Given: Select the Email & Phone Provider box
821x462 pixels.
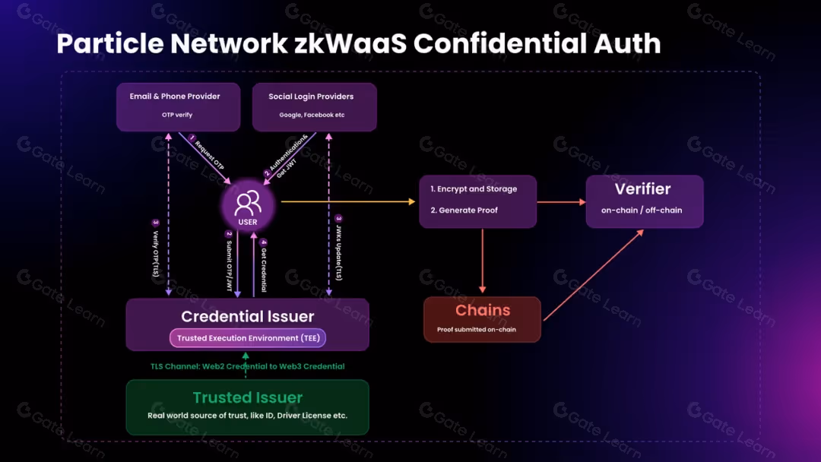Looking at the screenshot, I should [x=179, y=106].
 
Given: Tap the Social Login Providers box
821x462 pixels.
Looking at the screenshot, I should [x=314, y=106].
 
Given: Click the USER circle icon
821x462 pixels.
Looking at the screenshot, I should [x=248, y=206].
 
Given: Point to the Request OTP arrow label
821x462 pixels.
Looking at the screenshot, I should [x=208, y=154].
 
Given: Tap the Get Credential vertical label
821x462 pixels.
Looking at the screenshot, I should [x=264, y=265].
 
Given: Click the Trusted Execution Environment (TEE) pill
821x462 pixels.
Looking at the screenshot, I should [x=248, y=338].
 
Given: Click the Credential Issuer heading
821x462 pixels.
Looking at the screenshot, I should [x=248, y=317].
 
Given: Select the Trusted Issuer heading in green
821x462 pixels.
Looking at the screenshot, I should [x=248, y=397].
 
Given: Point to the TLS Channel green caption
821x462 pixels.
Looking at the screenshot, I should [x=248, y=366].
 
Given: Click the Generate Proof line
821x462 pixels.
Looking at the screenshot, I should [x=464, y=210].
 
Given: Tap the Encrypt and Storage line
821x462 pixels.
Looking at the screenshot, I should [x=474, y=189].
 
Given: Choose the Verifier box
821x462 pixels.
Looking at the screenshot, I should [x=644, y=201].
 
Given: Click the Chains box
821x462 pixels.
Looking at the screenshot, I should [x=482, y=318].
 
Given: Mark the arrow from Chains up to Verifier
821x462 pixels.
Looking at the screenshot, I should [x=593, y=274].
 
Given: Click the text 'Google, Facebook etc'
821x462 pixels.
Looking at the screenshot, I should [x=311, y=115].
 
